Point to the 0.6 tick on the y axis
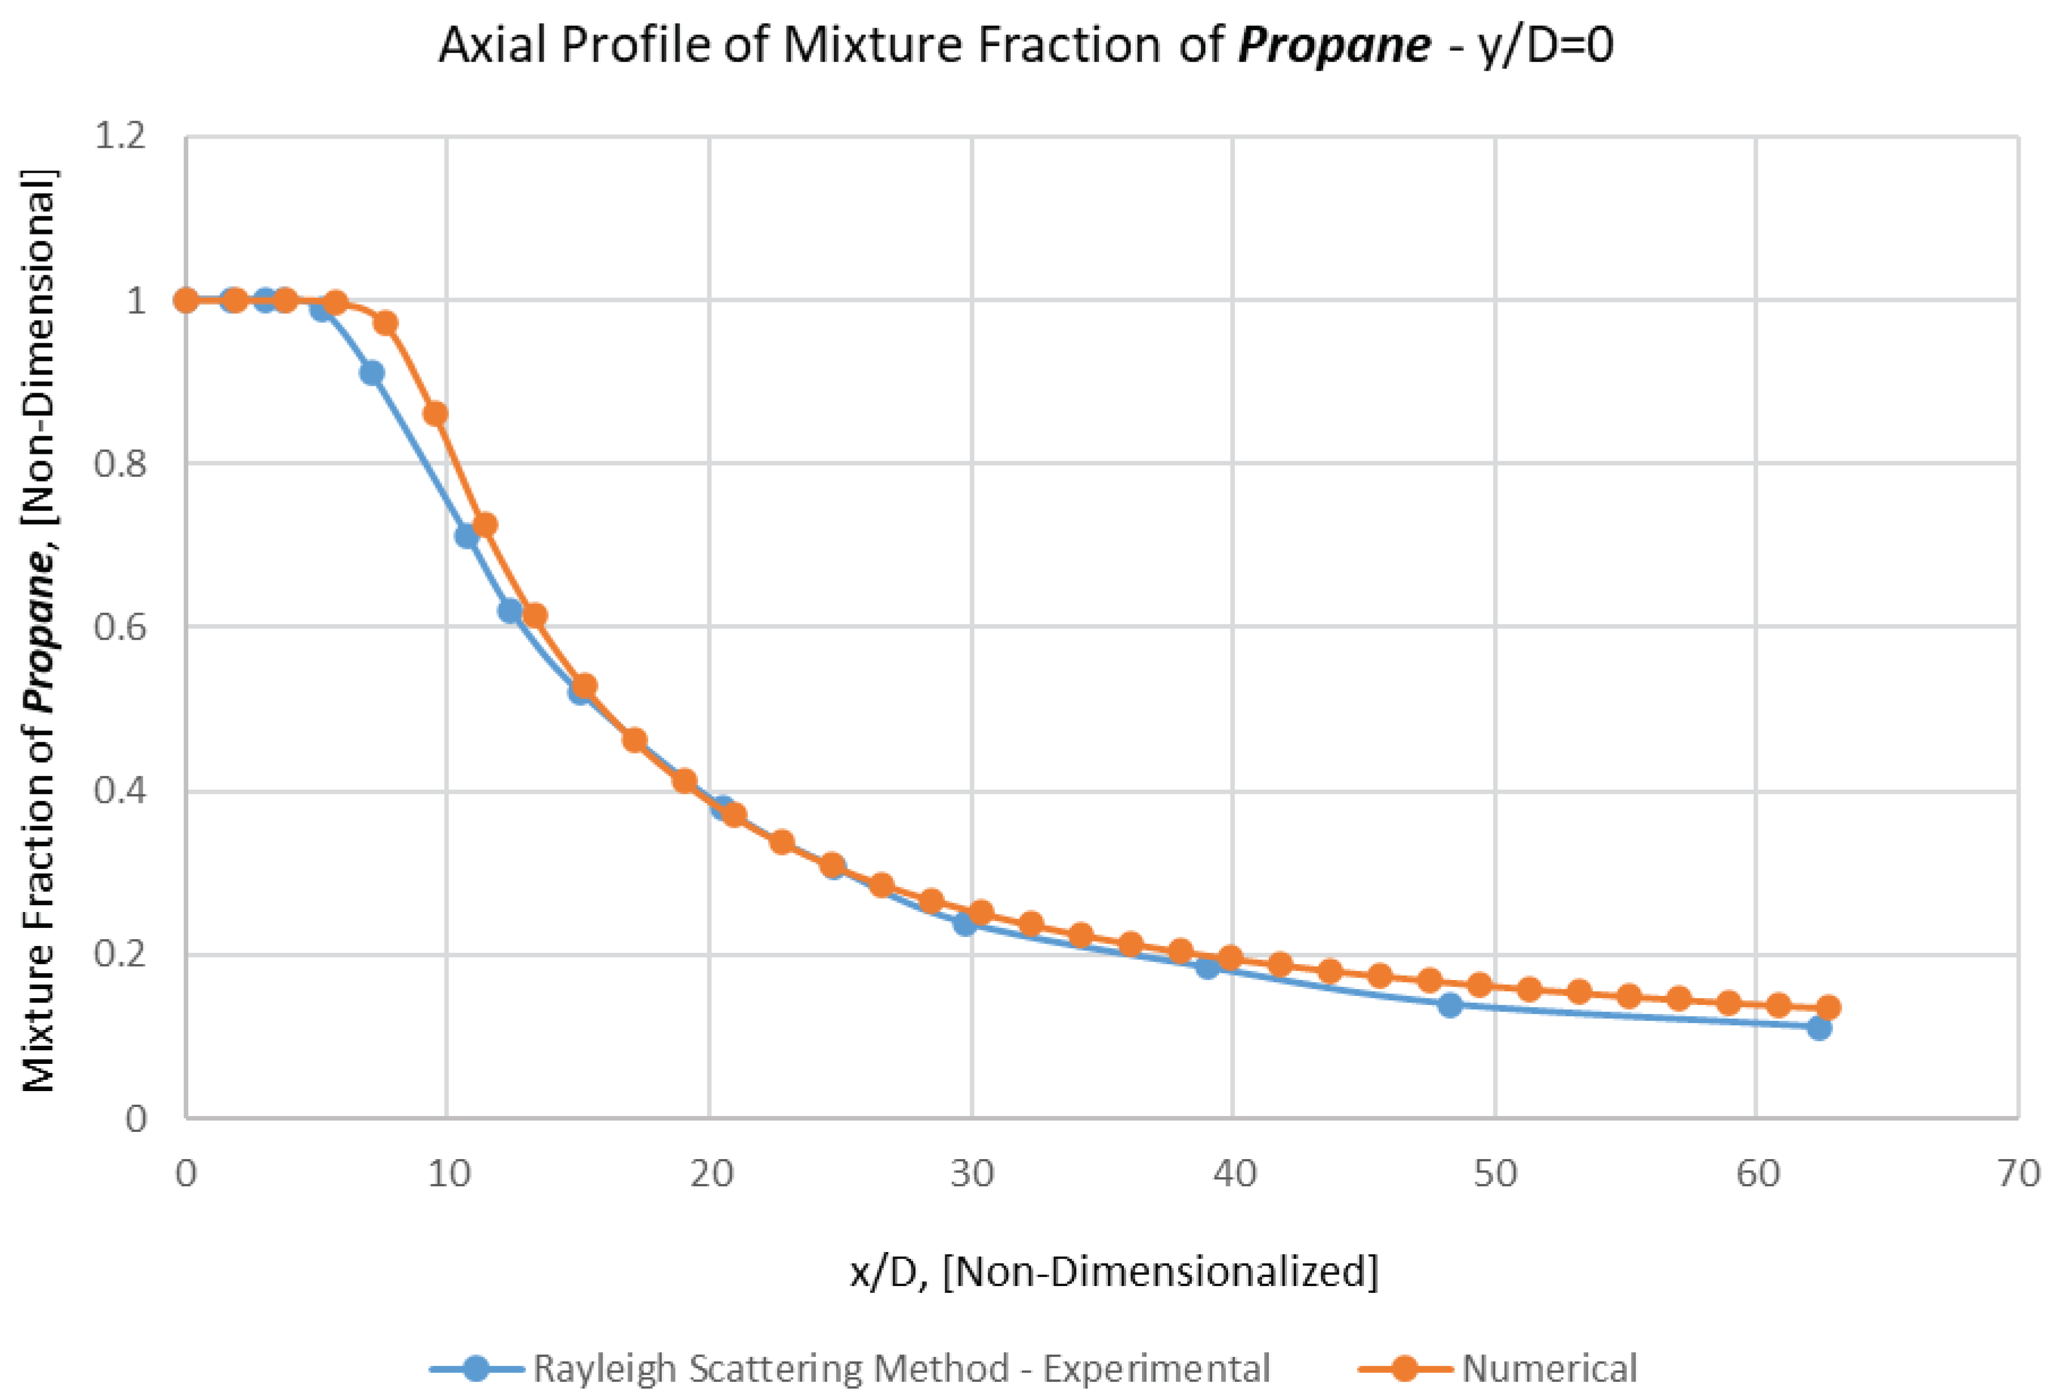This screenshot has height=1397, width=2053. pos(120,627)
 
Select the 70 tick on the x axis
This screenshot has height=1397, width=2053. pos(2018,1173)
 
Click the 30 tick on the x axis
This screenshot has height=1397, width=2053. pos(972,1173)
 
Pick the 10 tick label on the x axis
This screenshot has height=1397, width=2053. pos(448,1173)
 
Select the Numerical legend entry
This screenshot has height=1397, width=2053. pos(1548,1368)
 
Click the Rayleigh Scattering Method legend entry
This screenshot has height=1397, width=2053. pos(901,1368)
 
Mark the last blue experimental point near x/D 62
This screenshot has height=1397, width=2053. pos(1818,1028)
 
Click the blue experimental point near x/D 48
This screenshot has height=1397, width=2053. pos(1449,1004)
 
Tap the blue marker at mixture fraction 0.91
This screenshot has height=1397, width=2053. pos(372,373)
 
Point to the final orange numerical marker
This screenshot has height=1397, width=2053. pos(1829,1007)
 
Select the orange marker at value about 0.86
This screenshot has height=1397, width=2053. pos(435,414)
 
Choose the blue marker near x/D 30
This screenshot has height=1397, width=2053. pos(965,925)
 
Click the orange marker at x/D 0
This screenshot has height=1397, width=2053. pos(186,300)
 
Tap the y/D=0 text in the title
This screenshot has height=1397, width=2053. pos(1546,44)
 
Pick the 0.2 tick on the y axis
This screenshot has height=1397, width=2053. pos(120,955)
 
